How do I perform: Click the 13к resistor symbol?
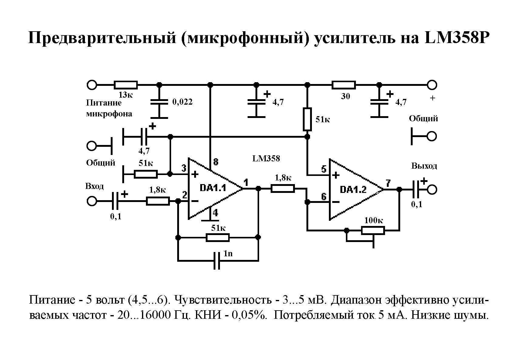pos(126,85)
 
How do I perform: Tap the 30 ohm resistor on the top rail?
pos(343,85)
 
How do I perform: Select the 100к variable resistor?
pos(373,230)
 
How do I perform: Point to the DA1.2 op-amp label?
pos(353,190)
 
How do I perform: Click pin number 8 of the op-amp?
pos(215,162)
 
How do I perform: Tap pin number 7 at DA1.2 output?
pos(388,183)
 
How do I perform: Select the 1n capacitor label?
pos(228,253)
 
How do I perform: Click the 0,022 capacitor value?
pos(182,102)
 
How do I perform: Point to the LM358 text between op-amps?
pos(266,158)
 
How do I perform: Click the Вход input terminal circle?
pos(92,201)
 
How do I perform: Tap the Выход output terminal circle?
pos(432,190)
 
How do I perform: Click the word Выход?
pos(424,166)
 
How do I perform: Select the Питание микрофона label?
pos(109,108)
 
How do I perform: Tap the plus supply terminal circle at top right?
pos(432,85)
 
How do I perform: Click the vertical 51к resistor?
pos(307,119)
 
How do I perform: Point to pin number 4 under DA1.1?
pos(215,213)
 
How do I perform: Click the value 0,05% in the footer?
pos(249,315)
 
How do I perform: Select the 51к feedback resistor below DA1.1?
pos(218,237)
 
